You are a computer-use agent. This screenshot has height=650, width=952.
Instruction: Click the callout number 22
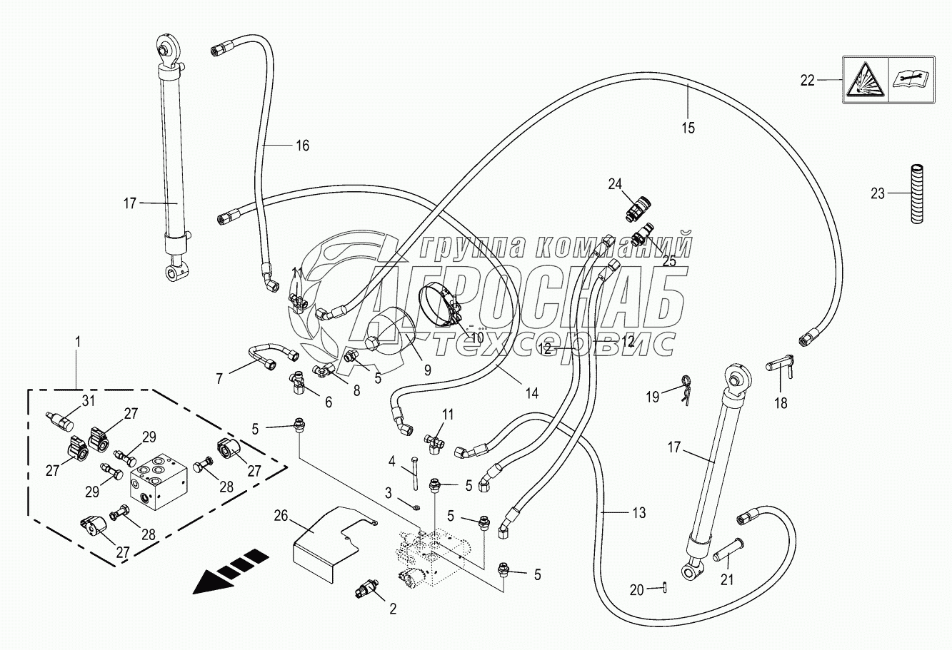(807, 81)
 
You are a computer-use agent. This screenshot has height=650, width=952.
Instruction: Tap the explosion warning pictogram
(866, 81)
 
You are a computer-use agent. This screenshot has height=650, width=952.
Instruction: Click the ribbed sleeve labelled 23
(916, 195)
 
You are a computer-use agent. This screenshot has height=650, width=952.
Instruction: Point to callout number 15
(688, 128)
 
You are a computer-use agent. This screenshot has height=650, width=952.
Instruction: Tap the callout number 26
(281, 515)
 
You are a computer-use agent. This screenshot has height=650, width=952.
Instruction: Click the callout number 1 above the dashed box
(77, 342)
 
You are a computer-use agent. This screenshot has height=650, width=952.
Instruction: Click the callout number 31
(88, 400)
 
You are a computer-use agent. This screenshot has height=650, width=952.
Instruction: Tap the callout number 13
(638, 512)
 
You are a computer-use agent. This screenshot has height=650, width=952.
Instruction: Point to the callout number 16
(302, 146)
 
